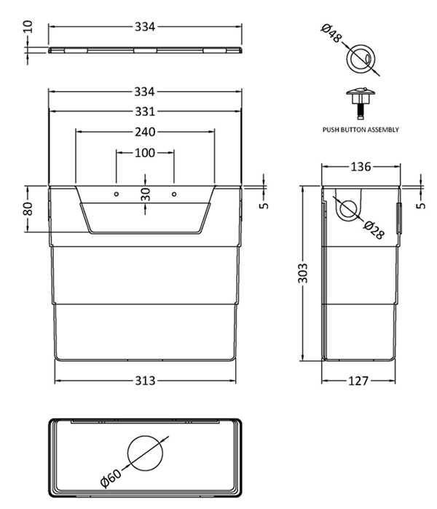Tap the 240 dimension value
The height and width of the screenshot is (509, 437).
(x=144, y=132)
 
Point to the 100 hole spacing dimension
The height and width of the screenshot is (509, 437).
(x=144, y=153)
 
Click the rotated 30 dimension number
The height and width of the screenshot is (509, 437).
(x=145, y=194)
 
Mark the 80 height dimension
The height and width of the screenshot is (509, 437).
(x=28, y=209)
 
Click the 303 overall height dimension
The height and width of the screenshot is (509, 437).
(x=303, y=273)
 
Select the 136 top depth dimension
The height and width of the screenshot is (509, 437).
(x=361, y=167)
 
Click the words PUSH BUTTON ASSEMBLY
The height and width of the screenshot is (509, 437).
(x=361, y=130)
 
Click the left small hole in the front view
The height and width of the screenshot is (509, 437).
(x=116, y=194)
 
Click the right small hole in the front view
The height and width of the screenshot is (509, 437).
(x=173, y=194)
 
